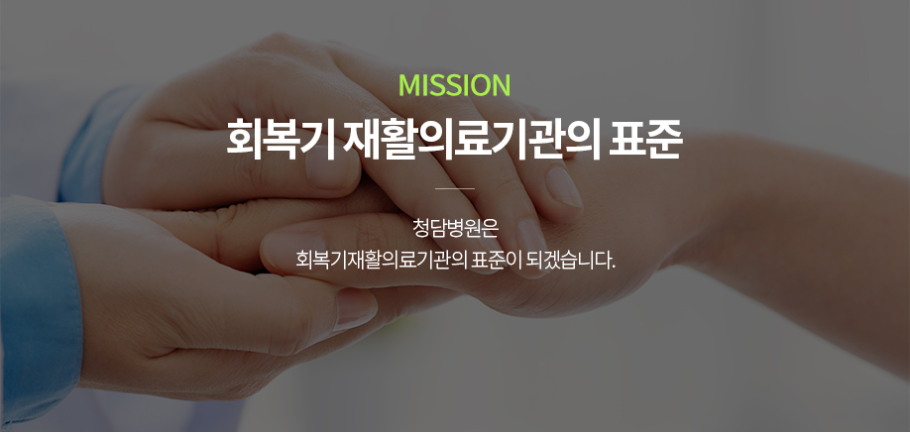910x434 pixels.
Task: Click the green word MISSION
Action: point(454,85)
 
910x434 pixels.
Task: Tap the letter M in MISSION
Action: point(409,85)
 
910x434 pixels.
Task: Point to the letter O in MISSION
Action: point(480,85)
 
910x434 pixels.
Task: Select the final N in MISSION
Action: point(502,85)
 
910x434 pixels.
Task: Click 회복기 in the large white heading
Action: point(280,141)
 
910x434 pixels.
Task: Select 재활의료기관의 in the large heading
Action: point(471,141)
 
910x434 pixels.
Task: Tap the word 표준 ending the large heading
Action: point(644,141)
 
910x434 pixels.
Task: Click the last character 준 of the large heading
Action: point(663,141)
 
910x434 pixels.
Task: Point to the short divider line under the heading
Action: point(454,188)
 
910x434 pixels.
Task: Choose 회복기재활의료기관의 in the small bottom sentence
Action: point(382,260)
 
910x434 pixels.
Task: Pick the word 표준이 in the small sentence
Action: point(498,260)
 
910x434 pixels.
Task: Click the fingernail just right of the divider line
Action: point(563,187)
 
